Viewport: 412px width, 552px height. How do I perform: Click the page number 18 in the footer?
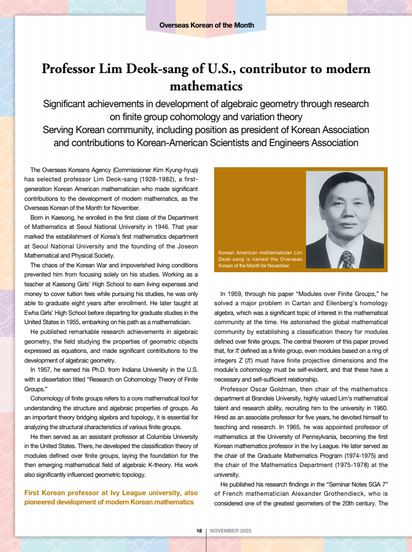point(199,531)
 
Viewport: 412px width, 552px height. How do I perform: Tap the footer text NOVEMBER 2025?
point(231,531)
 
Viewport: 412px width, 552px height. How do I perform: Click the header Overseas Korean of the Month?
point(207,25)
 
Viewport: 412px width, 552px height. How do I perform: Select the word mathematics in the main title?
point(206,86)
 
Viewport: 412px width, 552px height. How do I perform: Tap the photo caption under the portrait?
point(260,259)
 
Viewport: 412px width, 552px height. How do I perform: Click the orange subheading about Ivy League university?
point(110,497)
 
